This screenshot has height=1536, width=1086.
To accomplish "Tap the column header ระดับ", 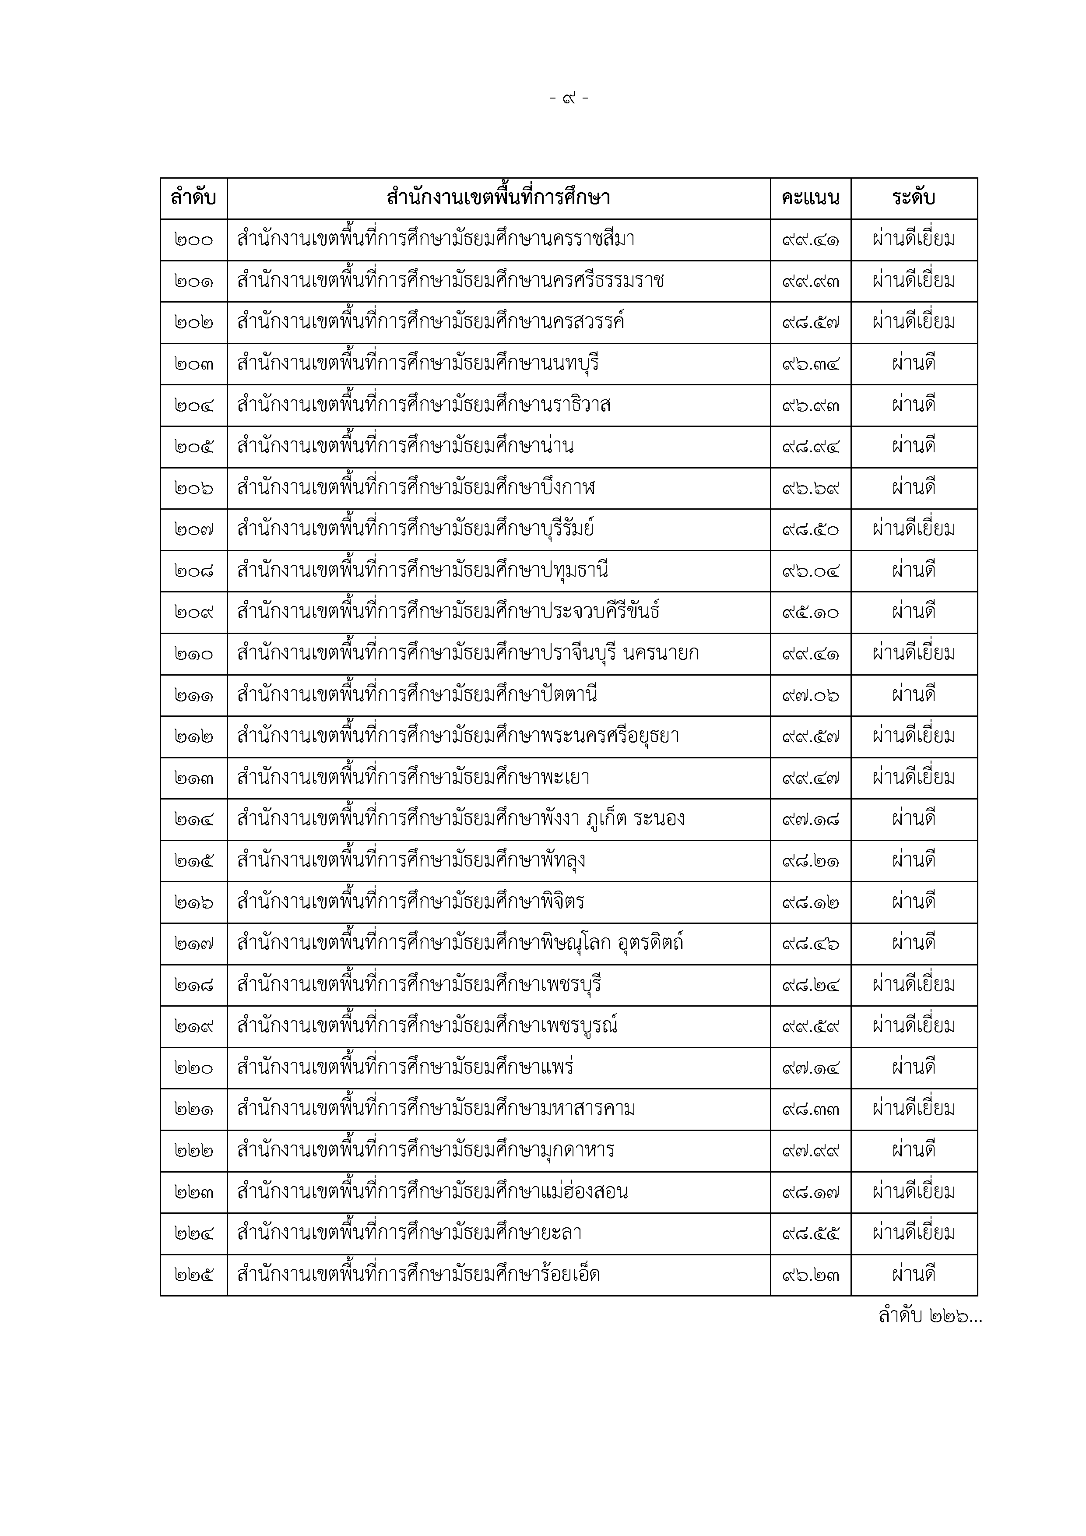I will (x=914, y=198).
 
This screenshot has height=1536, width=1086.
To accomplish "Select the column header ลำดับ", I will (x=193, y=198).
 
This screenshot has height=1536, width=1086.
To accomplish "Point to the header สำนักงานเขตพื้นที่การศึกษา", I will (x=498, y=198).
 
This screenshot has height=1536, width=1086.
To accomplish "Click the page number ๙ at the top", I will (x=569, y=99).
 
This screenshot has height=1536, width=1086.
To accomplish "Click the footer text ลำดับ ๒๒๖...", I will (x=930, y=1317).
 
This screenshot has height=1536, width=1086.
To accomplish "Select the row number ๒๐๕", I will (x=193, y=446).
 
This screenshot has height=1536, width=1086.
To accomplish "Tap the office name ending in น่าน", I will (x=405, y=446).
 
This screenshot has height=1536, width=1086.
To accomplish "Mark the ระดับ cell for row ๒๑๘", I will (x=914, y=985).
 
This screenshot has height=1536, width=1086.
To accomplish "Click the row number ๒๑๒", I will (x=193, y=736).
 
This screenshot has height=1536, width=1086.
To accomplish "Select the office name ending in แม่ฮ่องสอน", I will (x=432, y=1191).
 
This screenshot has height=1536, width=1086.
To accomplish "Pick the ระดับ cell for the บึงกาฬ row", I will (x=914, y=488).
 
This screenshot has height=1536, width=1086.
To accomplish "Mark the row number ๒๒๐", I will (x=193, y=1067).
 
